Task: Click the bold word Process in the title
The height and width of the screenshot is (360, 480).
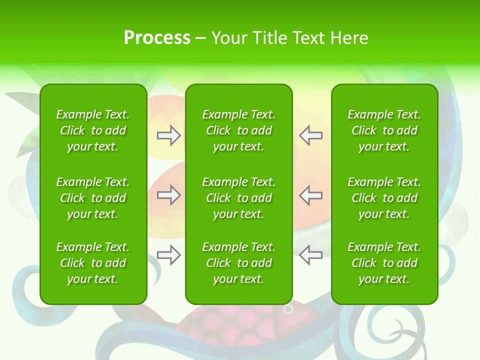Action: pos(157,38)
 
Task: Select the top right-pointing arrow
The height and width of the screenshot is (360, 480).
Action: pos(169,135)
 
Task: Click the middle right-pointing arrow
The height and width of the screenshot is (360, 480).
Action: pos(169,195)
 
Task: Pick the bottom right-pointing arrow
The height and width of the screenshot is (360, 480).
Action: pos(169,255)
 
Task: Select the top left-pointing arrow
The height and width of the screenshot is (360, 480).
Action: pos(310,135)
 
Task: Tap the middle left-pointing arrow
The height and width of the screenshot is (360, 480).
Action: pos(310,195)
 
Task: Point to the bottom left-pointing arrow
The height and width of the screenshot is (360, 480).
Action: pos(310,255)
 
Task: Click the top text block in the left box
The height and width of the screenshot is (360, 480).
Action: pos(93,130)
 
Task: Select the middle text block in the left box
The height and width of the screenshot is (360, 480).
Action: pos(93,198)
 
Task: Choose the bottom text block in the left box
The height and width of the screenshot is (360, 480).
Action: pos(93,263)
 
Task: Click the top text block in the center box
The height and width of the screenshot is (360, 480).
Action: pos(238,130)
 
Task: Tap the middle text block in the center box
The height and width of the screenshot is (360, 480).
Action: pos(238,198)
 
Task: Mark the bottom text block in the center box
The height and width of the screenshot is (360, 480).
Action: pos(238,263)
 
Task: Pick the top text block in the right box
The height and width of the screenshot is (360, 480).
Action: pos(384,130)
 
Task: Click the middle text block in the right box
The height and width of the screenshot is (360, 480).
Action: pos(384,198)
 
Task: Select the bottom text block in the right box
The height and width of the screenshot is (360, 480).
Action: pos(384,263)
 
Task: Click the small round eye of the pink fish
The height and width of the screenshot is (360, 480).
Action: pos(288,309)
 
